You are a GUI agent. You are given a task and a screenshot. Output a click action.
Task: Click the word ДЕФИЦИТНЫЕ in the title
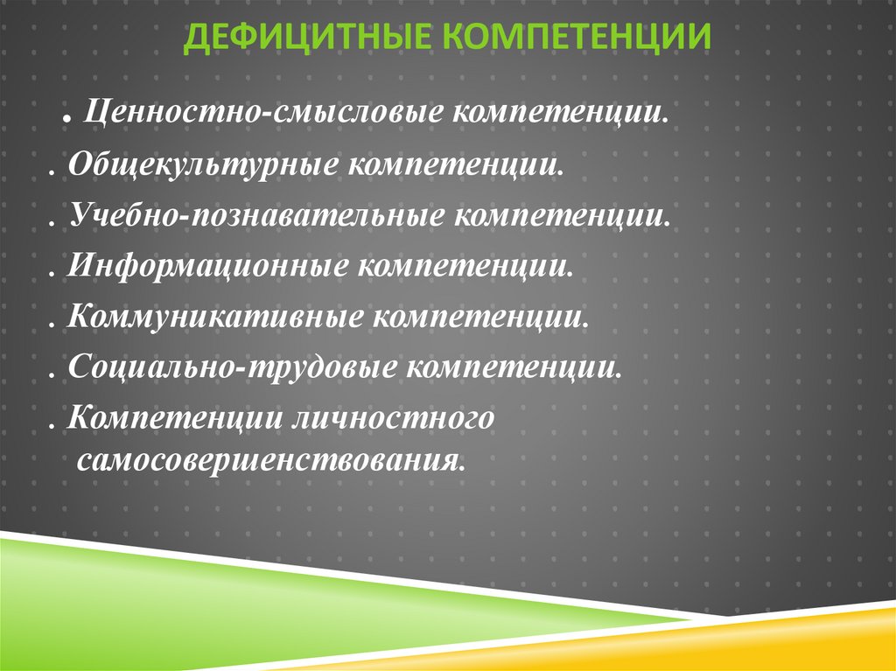click(310, 37)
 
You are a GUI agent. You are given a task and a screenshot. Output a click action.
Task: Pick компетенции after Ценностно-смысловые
click(562, 115)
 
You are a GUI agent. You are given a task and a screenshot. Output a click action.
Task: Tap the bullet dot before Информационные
click(53, 270)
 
